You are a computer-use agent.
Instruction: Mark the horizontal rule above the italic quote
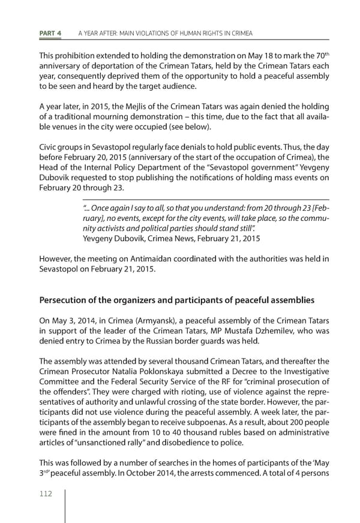[x=205, y=199]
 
